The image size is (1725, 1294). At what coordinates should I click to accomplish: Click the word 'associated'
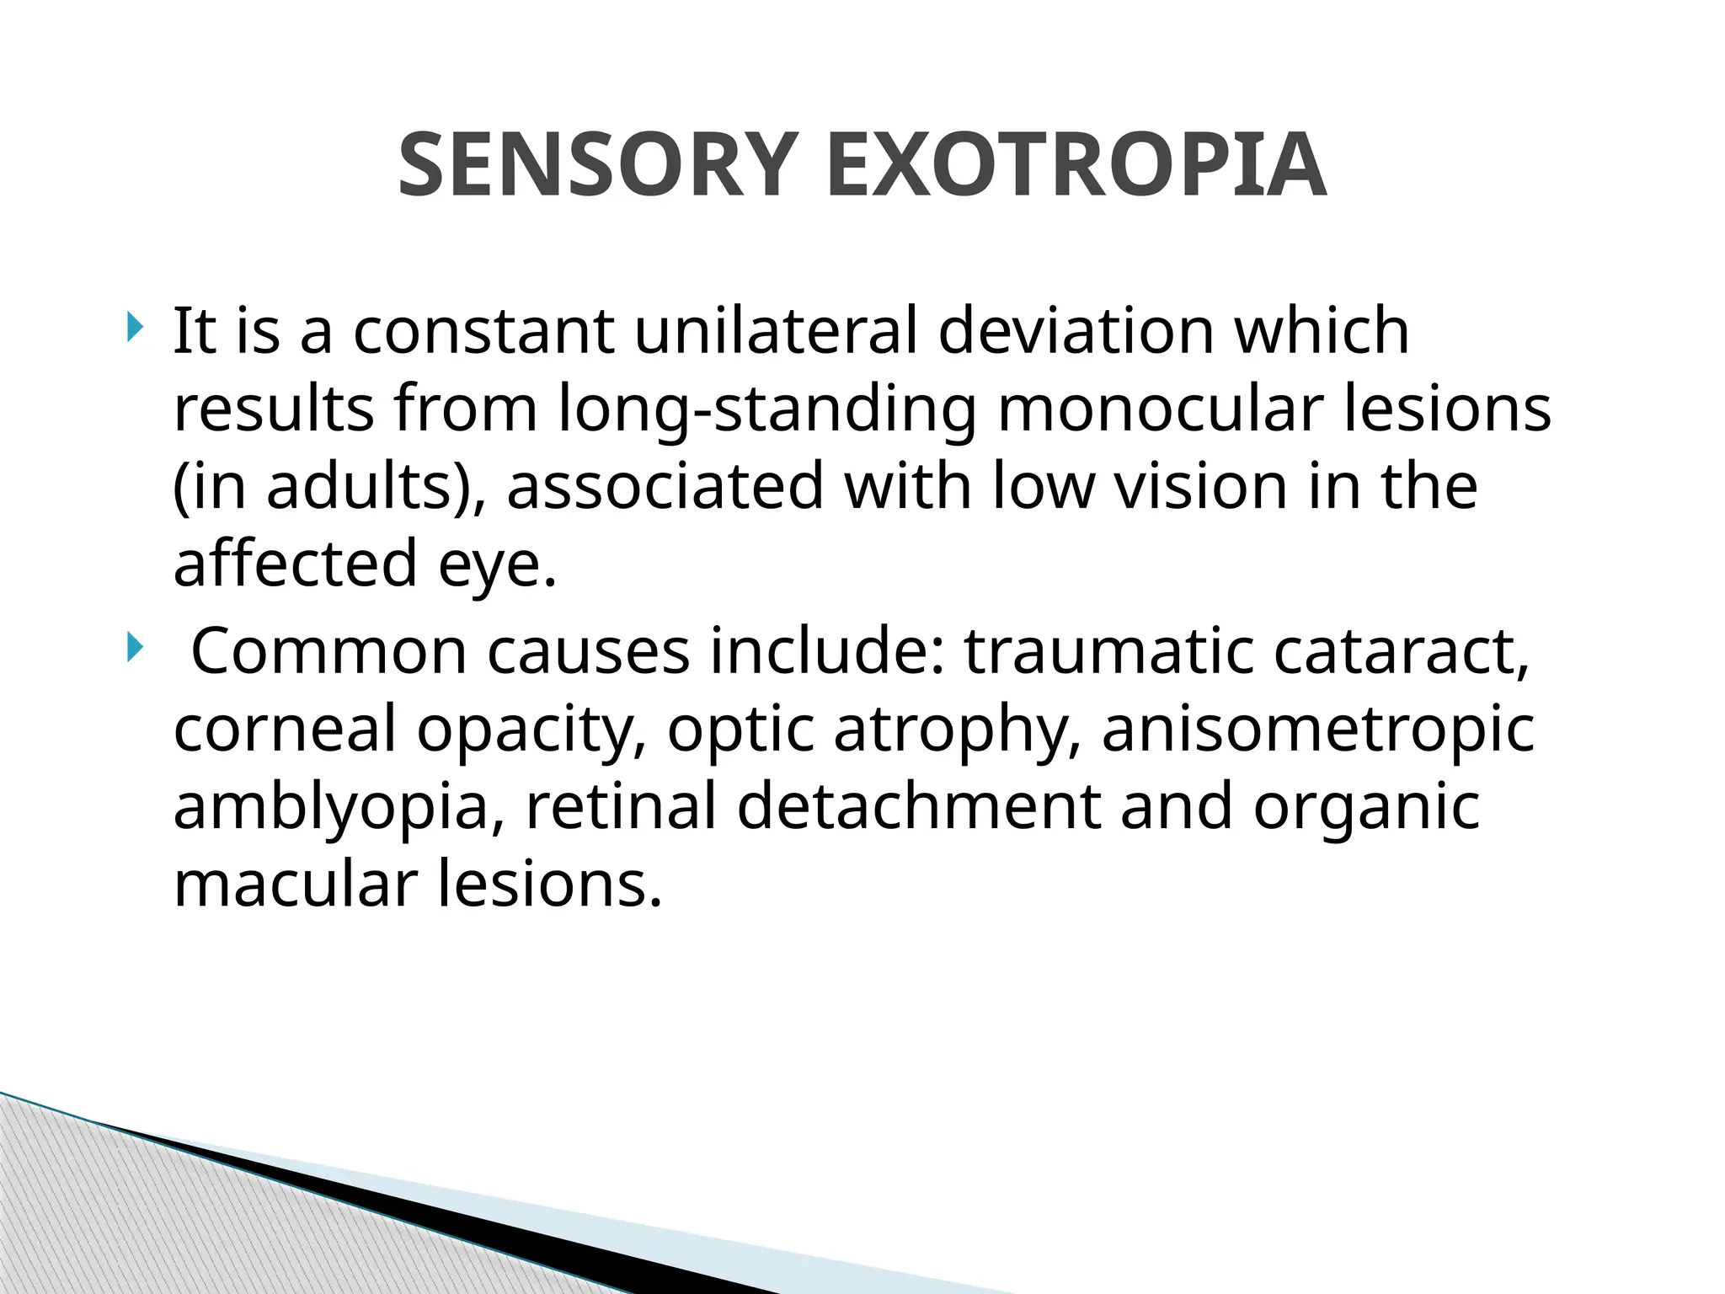coord(665,486)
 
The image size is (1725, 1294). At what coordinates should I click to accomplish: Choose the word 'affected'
coord(295,563)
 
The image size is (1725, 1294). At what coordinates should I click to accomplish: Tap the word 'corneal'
coord(284,729)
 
